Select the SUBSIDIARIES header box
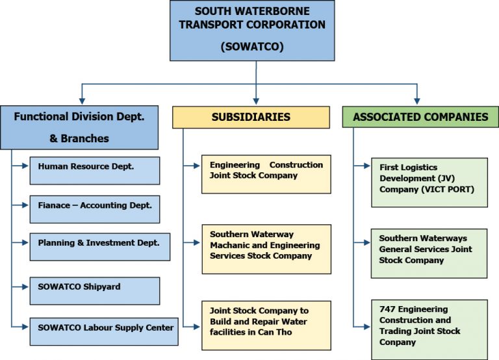[250, 118]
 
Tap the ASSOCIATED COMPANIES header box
[420, 117]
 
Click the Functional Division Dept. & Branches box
[79, 127]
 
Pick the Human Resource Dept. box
[94, 170]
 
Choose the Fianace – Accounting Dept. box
[94, 209]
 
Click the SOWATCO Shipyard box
[94, 290]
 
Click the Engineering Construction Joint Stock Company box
[266, 174]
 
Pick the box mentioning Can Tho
[266, 325]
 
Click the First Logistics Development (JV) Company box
[429, 182]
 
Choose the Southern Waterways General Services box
[429, 252]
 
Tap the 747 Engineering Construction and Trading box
[429, 329]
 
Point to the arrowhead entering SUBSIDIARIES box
[256, 101]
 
